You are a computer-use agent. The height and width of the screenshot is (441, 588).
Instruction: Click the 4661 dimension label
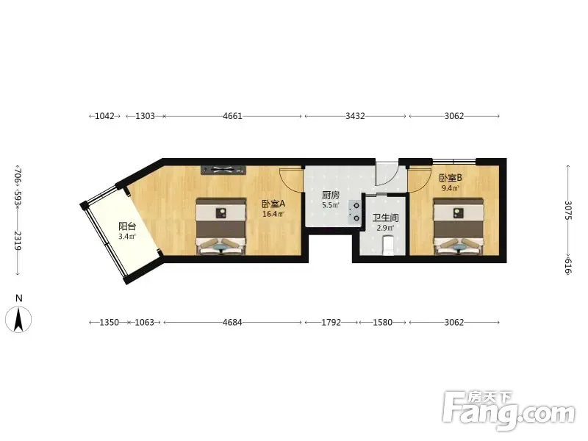[232, 116]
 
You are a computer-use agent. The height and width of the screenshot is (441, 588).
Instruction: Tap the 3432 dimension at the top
[355, 116]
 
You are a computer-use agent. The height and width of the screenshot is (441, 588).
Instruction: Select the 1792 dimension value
[331, 322]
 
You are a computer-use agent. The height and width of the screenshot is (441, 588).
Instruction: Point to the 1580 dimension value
[382, 322]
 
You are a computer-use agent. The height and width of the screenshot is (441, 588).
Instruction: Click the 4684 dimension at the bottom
[232, 322]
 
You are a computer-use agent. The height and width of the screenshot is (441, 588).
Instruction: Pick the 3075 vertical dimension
[568, 210]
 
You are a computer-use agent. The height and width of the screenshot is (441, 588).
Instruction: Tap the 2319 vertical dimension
[18, 240]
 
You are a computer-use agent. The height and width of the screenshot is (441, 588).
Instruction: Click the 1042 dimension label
[104, 116]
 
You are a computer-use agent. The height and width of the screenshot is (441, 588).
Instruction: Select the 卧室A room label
[273, 204]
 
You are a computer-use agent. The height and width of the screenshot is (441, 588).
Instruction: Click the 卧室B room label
[451, 178]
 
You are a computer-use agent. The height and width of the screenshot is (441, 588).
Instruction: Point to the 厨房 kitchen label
[331, 195]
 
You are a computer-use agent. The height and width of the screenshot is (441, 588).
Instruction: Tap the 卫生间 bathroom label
[385, 218]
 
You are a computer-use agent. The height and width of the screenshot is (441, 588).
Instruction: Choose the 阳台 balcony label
[127, 226]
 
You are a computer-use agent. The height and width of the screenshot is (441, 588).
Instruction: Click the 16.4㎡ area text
[273, 215]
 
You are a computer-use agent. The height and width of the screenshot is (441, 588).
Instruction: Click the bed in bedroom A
[221, 226]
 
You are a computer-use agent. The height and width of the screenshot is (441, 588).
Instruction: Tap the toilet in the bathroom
[389, 245]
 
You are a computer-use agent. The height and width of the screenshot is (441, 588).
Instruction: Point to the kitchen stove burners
[355, 212]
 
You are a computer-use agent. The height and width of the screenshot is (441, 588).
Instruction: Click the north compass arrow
[18, 319]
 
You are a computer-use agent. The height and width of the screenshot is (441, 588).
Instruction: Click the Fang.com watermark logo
[509, 412]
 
